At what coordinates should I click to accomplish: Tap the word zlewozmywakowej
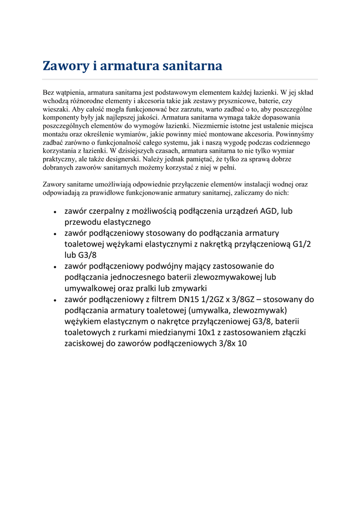coord(231,277)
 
